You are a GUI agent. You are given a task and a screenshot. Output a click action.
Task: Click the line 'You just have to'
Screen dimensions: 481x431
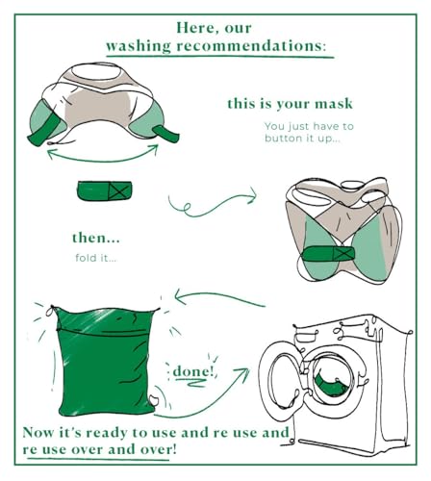302,125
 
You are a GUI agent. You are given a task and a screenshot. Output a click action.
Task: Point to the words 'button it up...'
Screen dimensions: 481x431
302,139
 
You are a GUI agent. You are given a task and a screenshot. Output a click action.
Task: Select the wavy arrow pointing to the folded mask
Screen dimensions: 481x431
212,202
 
